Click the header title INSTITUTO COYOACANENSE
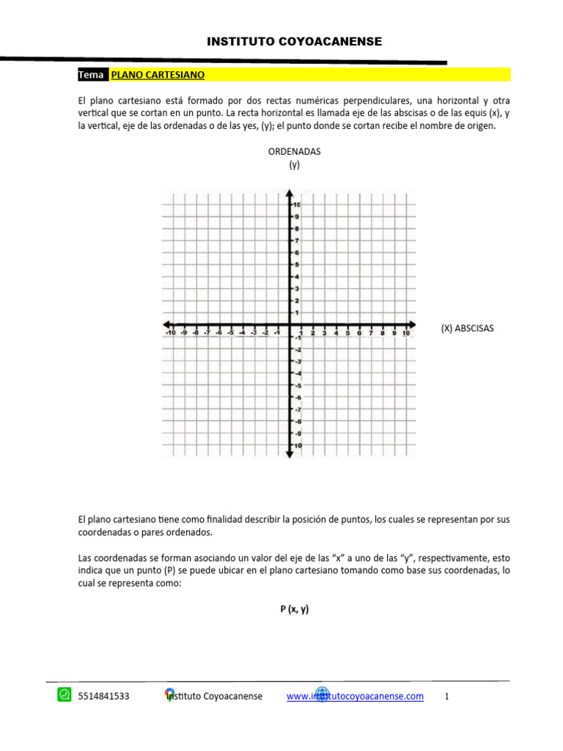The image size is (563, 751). click(294, 42)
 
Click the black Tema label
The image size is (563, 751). click(92, 75)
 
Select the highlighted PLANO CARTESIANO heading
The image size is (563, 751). click(158, 75)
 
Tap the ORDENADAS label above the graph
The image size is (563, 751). click(294, 151)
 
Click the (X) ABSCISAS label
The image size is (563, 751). click(468, 329)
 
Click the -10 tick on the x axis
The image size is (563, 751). click(170, 333)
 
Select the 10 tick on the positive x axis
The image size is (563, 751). click(405, 333)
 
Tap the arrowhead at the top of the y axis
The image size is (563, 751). click(290, 194)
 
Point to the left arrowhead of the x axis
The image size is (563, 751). click(166, 324)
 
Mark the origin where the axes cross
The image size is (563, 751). click(290, 324)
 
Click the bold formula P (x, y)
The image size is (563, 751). click(294, 609)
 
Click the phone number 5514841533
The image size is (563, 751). click(103, 697)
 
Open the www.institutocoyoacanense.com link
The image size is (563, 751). click(355, 697)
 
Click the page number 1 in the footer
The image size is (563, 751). click(446, 697)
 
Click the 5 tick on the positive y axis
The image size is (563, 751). click(296, 265)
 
